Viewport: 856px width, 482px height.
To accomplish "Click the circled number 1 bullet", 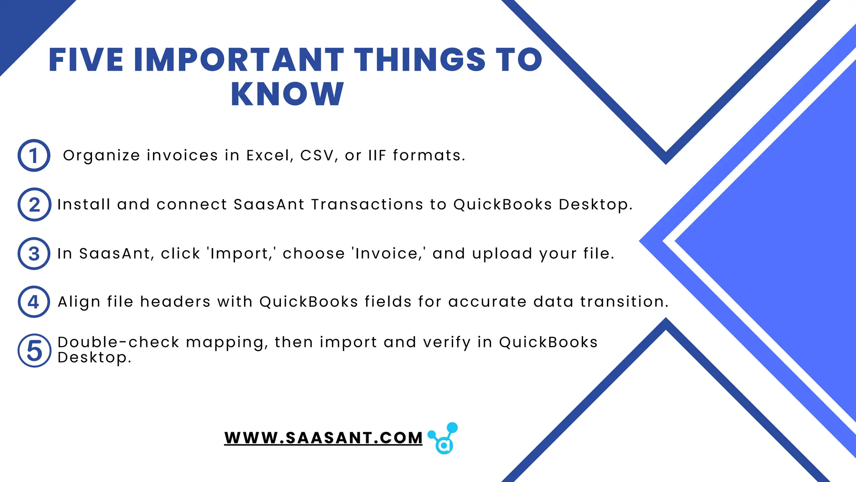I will click(34, 156).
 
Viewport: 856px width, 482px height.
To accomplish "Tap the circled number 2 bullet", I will click(34, 205).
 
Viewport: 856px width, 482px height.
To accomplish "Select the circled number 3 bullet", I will click(34, 254).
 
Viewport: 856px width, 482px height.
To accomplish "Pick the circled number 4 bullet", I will click(34, 302).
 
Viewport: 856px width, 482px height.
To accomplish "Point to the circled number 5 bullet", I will click(34, 351).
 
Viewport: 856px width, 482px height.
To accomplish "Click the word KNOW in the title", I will click(287, 94).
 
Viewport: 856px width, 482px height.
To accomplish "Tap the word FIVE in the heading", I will click(86, 60).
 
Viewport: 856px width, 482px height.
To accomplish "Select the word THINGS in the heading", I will click(420, 60).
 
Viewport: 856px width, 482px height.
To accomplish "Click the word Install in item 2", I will click(84, 205).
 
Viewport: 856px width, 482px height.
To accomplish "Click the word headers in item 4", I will click(175, 302).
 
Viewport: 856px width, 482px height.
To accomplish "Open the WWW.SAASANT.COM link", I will click(323, 438).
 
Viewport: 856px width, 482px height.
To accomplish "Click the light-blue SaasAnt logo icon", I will click(444, 438).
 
